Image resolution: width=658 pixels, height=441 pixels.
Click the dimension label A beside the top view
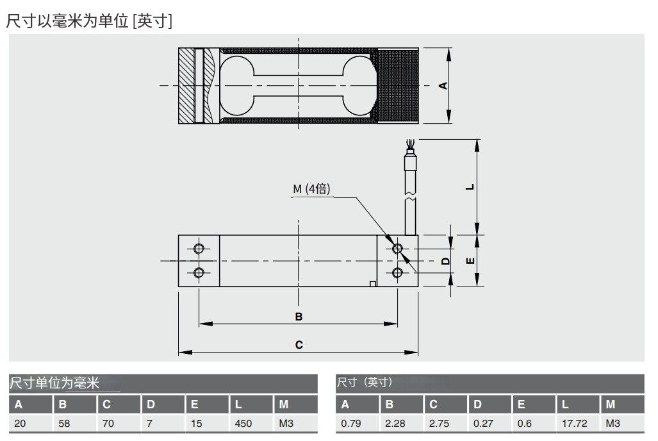tap(442, 85)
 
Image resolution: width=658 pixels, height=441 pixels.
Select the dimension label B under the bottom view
tap(299, 317)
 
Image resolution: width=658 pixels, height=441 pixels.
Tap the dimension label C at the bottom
tap(299, 345)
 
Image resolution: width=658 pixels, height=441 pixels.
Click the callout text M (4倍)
tap(312, 189)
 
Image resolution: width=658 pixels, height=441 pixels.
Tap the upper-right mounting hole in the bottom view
tap(397, 249)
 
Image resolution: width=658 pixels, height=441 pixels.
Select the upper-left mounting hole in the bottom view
tap(199, 249)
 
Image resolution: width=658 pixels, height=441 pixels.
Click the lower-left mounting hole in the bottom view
tap(199, 273)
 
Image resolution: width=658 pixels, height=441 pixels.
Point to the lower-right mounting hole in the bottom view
tap(397, 273)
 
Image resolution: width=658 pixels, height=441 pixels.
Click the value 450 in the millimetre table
tap(243, 424)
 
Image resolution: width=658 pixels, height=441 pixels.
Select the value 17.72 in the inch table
tap(573, 424)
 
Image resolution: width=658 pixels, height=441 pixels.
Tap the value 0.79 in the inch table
tap(351, 424)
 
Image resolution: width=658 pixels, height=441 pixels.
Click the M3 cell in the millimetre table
tap(286, 424)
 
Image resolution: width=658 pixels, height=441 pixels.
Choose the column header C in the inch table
tap(434, 404)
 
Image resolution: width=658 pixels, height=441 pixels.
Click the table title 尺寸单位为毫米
tap(54, 383)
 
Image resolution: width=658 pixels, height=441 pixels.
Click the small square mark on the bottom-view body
tap(373, 283)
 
